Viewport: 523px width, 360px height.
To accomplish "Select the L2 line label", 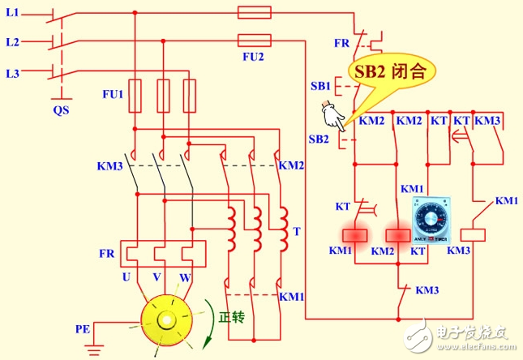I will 12,41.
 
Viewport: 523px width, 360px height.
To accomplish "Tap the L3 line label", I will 12,74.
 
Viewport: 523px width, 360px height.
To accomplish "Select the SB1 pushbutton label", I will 318,86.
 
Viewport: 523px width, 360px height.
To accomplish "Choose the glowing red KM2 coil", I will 397,234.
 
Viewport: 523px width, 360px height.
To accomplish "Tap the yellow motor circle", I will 170,322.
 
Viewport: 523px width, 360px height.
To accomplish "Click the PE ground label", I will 83,329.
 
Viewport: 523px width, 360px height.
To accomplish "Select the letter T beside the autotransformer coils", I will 297,231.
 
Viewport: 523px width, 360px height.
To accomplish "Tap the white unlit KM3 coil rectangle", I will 478,234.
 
